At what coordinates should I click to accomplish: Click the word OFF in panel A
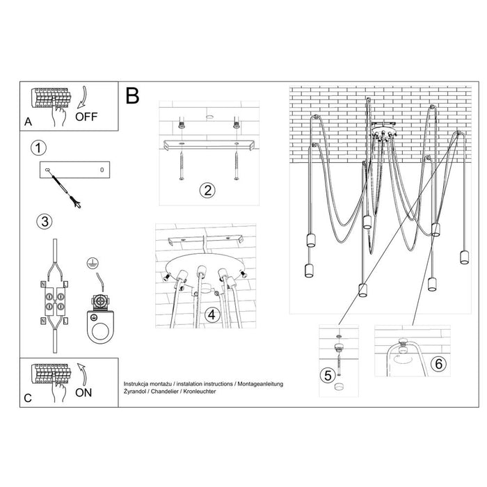pos(86,115)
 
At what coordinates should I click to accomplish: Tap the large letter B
pos(133,96)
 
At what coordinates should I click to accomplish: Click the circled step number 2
pos(206,190)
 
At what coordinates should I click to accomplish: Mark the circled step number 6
pos(436,363)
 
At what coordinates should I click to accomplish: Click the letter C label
pos(27,398)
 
